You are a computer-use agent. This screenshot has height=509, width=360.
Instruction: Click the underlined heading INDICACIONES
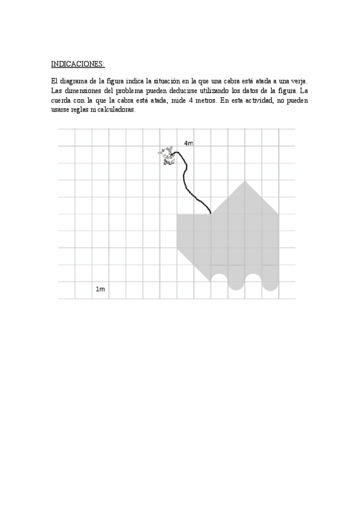78,63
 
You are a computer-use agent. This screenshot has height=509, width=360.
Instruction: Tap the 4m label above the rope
188,143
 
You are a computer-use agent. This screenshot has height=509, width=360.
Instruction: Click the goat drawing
166,155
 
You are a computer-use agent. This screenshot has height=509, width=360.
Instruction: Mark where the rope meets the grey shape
211,213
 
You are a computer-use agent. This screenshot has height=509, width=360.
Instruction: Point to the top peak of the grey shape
244,181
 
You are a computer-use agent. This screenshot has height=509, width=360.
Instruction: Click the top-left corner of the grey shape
178,214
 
